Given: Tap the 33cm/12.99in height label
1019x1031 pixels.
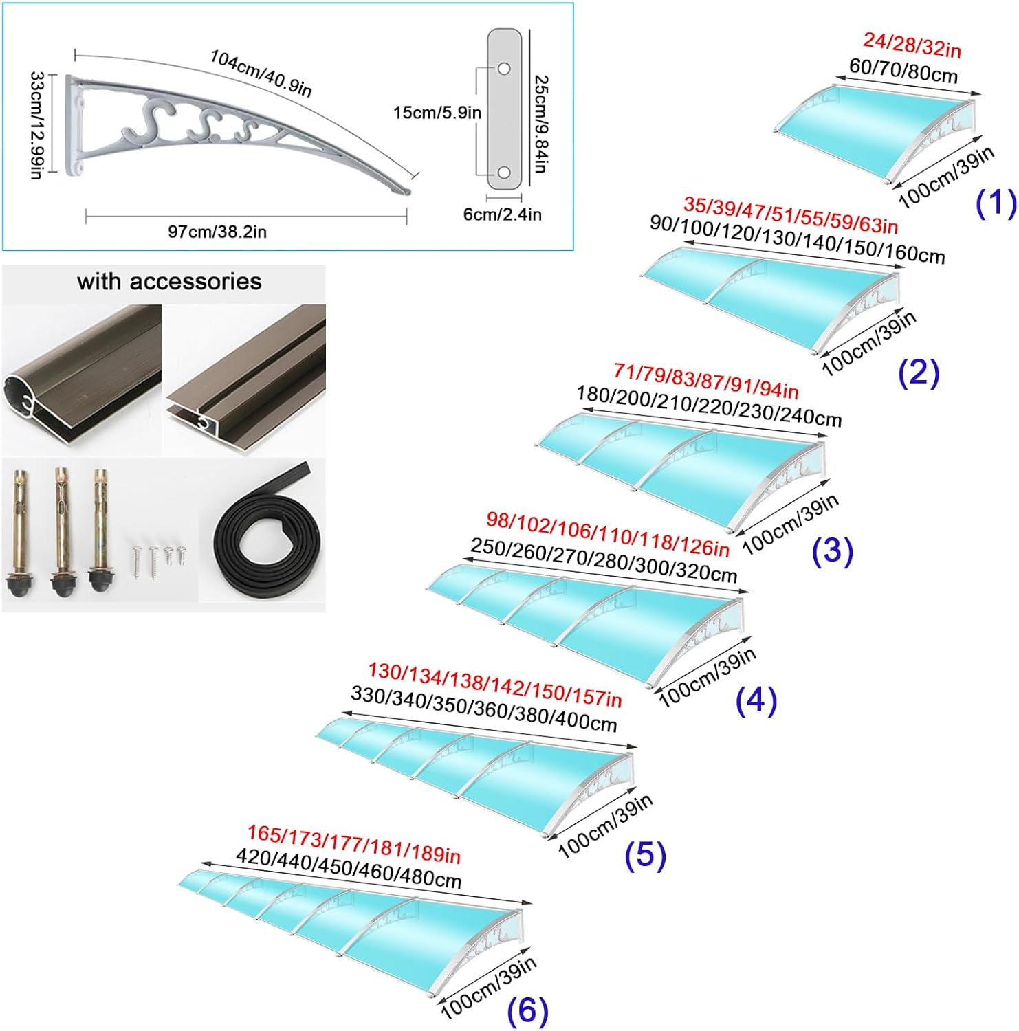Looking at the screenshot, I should [x=37, y=125].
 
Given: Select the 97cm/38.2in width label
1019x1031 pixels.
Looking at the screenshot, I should [x=217, y=232].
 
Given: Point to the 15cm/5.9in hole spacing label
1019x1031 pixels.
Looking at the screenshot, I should [x=437, y=113].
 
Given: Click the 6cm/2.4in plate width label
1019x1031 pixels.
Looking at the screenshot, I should [x=502, y=214].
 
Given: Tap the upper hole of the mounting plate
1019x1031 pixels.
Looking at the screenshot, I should [x=504, y=69].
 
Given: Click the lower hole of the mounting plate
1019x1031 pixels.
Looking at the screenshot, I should [x=504, y=173].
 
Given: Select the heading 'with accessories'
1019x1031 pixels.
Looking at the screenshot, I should [x=169, y=281].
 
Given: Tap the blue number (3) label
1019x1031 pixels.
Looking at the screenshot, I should [x=832, y=551].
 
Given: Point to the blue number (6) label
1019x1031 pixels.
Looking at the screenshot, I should [x=527, y=1010].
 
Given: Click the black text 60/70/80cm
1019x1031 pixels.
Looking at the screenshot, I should [x=903, y=70].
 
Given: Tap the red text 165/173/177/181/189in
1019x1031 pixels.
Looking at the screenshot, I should [x=353, y=844].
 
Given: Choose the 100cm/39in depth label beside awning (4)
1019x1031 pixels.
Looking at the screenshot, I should [x=707, y=676].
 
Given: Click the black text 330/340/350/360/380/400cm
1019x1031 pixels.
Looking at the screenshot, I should [x=483, y=708].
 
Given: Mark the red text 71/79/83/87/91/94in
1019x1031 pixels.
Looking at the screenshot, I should [x=705, y=381].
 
